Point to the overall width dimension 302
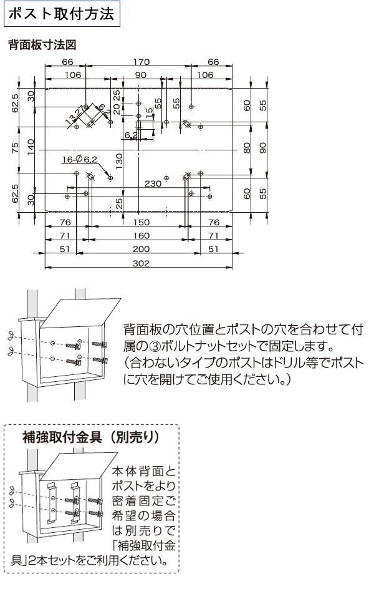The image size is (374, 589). click(x=141, y=264)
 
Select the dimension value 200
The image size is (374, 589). click(x=141, y=250)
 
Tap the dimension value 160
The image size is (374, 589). click(x=141, y=236)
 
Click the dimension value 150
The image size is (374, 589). click(x=141, y=223)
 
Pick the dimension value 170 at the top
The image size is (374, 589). click(x=141, y=62)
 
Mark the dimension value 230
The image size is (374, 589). click(x=153, y=183)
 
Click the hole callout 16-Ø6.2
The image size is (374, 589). click(x=80, y=159)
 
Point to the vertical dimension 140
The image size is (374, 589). click(x=31, y=148)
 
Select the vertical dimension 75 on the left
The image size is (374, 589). click(x=16, y=148)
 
